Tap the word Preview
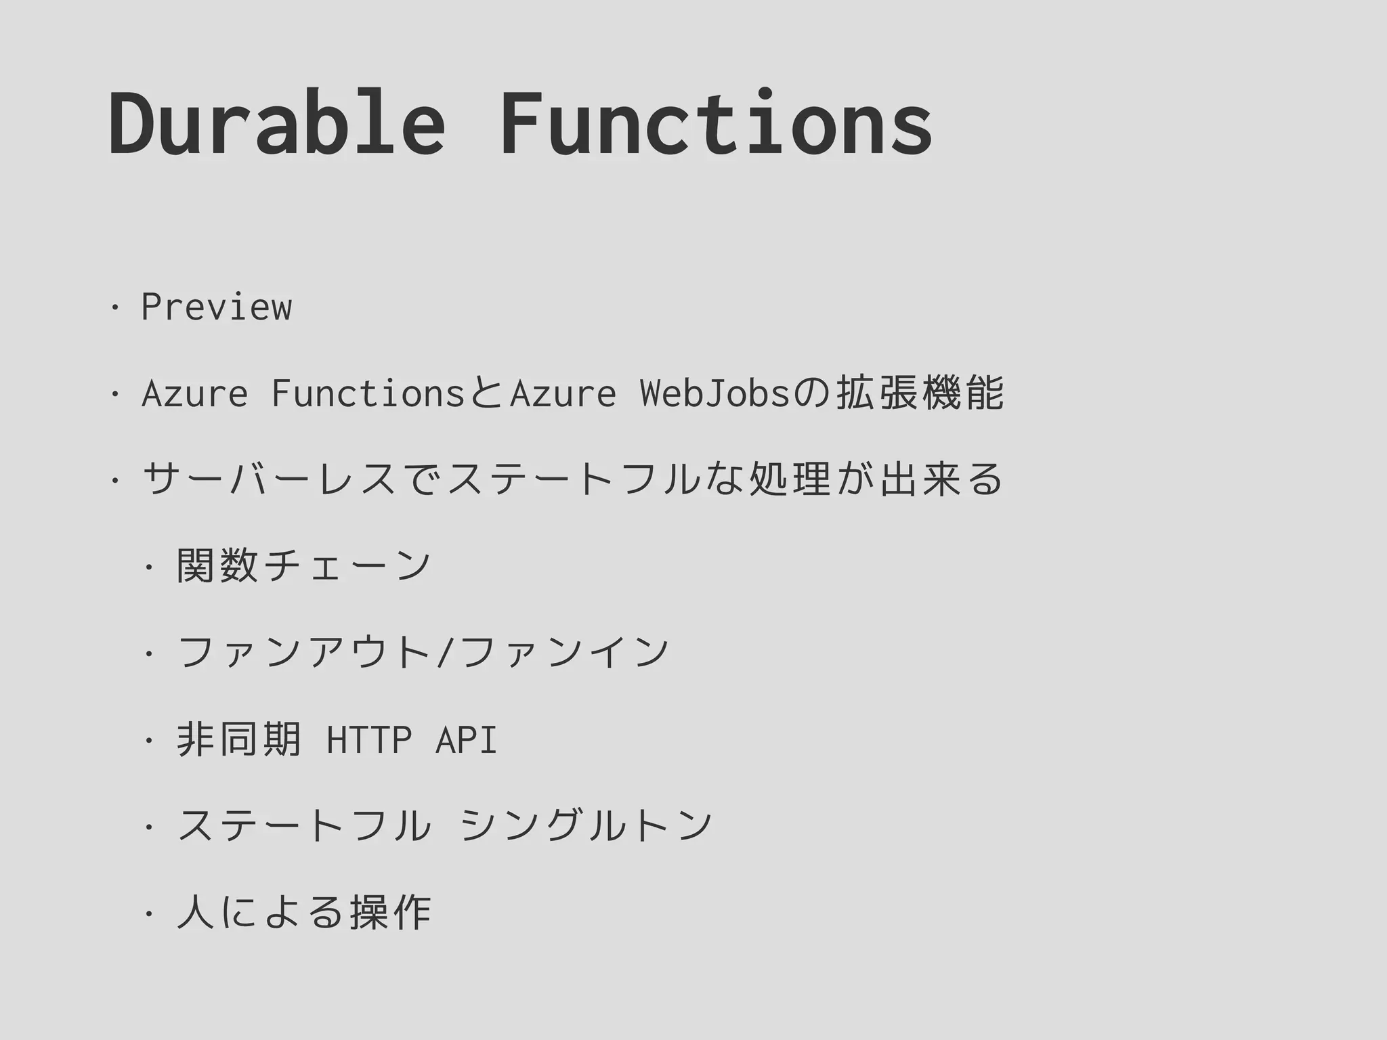tap(216, 307)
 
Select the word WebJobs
tap(715, 393)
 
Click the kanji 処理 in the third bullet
tap(790, 479)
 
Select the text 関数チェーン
tap(303, 566)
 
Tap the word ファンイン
tap(563, 653)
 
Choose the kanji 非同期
tap(238, 739)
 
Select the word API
tap(466, 739)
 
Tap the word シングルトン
tap(586, 826)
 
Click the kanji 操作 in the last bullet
tap(390, 913)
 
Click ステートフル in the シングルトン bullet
tap(303, 826)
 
